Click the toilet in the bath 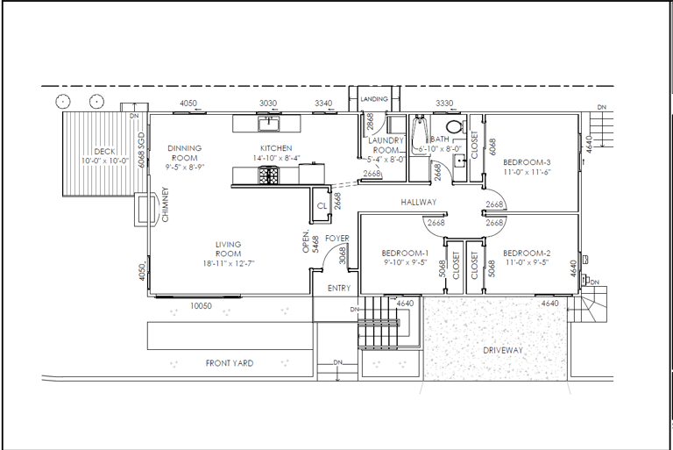(x=454, y=126)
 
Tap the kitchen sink (x=269, y=124)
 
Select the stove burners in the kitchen (x=268, y=175)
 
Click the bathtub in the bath (x=419, y=133)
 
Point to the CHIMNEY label (x=166, y=204)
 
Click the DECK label (x=105, y=151)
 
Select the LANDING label (x=374, y=99)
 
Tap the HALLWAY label (x=419, y=202)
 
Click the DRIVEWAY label (x=503, y=350)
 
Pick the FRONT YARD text (x=230, y=363)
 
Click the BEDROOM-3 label (x=527, y=162)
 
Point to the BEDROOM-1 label (x=405, y=254)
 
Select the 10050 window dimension (x=201, y=306)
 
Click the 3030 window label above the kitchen (x=268, y=104)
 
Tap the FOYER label (x=337, y=238)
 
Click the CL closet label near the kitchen (x=322, y=206)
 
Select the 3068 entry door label (x=343, y=255)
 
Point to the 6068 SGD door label (x=142, y=149)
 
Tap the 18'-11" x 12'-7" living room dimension (x=229, y=263)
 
